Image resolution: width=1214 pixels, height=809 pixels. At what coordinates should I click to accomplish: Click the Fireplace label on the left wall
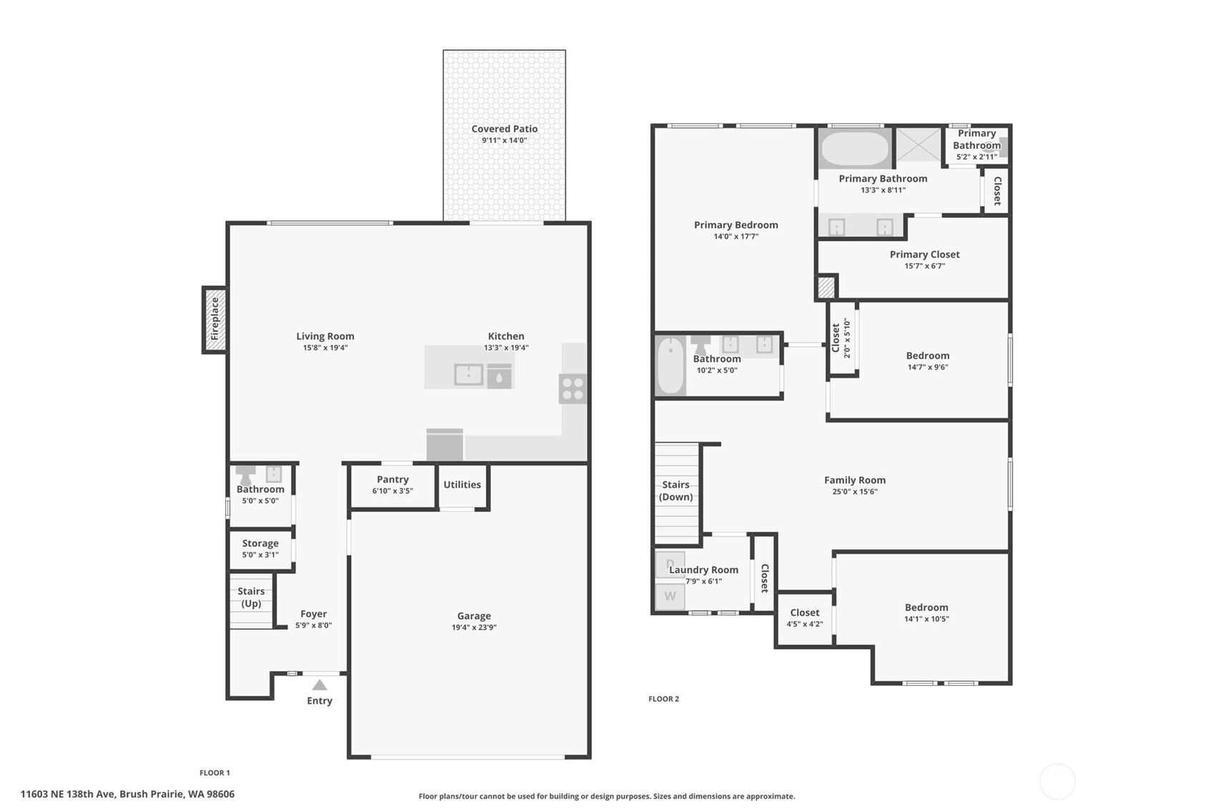coord(215,319)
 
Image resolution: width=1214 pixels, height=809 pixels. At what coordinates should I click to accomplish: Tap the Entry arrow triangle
coord(320,685)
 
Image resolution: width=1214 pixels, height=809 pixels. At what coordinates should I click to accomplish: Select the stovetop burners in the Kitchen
coord(573,388)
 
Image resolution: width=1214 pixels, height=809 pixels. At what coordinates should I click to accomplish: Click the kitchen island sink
coord(469,374)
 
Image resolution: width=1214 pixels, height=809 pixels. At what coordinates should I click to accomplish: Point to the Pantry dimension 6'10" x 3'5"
coord(392,491)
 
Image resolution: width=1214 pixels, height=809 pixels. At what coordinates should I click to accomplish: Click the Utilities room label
coord(462,484)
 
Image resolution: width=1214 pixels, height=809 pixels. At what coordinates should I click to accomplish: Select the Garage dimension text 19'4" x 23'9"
coord(474,627)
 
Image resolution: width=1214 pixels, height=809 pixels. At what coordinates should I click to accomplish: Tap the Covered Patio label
coord(504,129)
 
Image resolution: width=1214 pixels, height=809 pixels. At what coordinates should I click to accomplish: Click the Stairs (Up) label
coord(251,597)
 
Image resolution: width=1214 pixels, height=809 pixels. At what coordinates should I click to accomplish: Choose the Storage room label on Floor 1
coord(260,543)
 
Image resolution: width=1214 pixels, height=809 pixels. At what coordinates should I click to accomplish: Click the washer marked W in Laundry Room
coord(670,596)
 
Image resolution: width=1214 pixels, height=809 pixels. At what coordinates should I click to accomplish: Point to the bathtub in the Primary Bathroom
coord(854,149)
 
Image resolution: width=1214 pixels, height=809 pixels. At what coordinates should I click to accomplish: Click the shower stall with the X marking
coord(919,145)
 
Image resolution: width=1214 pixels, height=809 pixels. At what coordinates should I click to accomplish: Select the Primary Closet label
coord(924,254)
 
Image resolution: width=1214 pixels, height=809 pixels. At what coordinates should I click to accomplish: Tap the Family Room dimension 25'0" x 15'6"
coord(854,491)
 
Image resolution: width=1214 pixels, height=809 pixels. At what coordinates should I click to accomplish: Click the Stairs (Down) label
coord(676,491)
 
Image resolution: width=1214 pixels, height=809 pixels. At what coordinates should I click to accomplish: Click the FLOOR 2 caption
coord(663,699)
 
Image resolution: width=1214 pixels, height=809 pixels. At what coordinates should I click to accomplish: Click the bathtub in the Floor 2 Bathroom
coord(670,366)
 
